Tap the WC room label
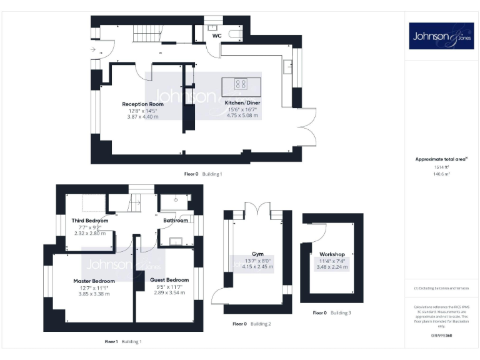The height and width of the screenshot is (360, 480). tap(217, 36)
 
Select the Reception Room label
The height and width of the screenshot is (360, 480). tap(143, 104)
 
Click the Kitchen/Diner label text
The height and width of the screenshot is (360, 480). tap(242, 101)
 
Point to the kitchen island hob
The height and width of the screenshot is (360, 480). tap(241, 83)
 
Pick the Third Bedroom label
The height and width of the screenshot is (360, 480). tap(90, 221)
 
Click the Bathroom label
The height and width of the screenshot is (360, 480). tap(176, 220)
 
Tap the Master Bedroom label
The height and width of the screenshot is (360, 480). tap(94, 281)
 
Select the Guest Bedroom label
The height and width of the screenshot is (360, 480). tap(169, 279)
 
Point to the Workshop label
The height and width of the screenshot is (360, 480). tap(332, 254)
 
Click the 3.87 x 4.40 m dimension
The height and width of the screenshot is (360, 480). tap(143, 116)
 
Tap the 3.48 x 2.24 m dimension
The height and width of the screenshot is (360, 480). tap(331, 267)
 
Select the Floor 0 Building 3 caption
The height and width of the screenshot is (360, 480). tap(332, 312)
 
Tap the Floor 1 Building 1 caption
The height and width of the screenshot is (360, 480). tap(123, 341)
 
